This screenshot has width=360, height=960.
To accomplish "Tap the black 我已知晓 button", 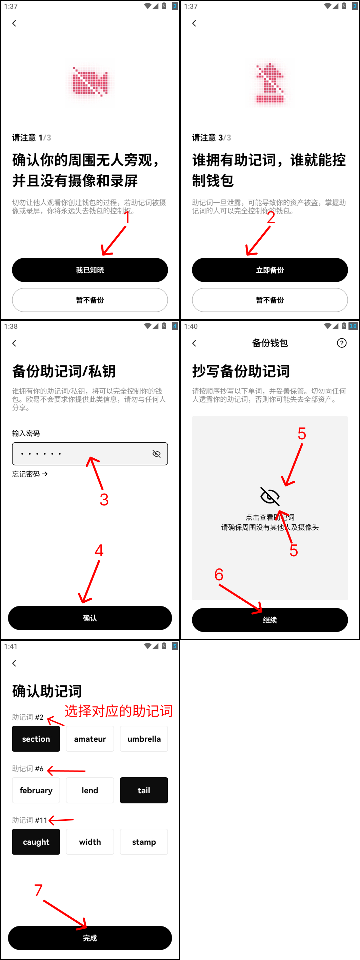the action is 90,270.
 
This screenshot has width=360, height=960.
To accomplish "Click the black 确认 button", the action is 90,618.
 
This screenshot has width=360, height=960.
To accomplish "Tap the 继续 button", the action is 270,620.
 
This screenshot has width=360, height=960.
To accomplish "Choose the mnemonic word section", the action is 36,739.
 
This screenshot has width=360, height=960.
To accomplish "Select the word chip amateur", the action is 90,739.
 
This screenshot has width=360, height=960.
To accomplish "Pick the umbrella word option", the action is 144,739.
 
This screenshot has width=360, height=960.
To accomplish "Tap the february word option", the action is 36,790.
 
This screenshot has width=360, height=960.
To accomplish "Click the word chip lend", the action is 90,790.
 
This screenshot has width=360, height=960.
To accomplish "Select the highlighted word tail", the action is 144,790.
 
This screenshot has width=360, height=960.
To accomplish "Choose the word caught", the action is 36,842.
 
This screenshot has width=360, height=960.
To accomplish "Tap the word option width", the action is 90,842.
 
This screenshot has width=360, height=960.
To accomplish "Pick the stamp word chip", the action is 144,842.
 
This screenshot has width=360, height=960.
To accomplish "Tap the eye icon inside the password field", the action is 157,454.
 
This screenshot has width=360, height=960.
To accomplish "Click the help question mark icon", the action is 342,343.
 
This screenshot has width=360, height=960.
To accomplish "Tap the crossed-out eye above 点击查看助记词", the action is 270,496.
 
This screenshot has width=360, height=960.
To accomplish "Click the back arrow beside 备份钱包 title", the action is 194,343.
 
